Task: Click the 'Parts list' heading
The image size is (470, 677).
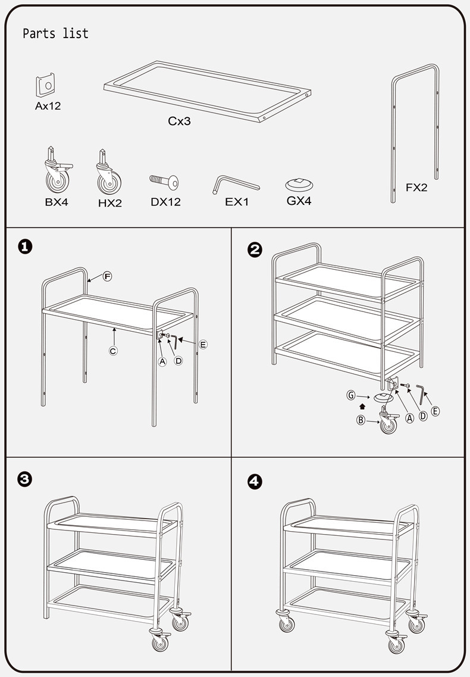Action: click(55, 34)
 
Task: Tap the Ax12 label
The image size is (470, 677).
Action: click(48, 107)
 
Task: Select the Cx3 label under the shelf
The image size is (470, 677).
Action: click(179, 121)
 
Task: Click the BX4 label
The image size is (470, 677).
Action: click(57, 202)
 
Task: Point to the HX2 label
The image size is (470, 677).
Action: click(109, 203)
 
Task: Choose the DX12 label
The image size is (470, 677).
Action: click(165, 202)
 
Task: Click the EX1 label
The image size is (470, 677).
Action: click(237, 202)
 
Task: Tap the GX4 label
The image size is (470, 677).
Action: click(299, 201)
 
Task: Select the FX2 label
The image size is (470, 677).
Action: click(416, 188)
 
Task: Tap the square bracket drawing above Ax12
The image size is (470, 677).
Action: click(45, 86)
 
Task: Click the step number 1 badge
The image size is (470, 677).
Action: click(25, 247)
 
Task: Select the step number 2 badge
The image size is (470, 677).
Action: click(255, 250)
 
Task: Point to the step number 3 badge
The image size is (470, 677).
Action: click(25, 480)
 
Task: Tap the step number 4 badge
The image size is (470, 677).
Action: click(255, 482)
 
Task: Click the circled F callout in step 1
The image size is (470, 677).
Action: click(108, 276)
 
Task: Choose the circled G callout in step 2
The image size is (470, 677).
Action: click(352, 394)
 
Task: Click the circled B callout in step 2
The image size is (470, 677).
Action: click(361, 420)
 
